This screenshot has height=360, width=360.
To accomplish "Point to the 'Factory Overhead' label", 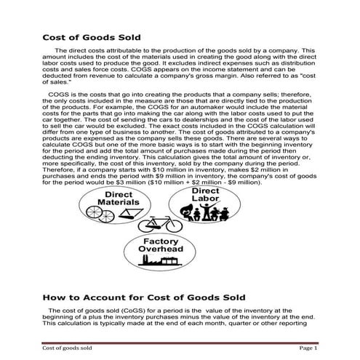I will click(x=162, y=245).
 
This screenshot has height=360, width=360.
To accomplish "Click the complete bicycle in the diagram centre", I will click(x=159, y=223).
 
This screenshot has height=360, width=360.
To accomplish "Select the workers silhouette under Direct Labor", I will click(x=205, y=212).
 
